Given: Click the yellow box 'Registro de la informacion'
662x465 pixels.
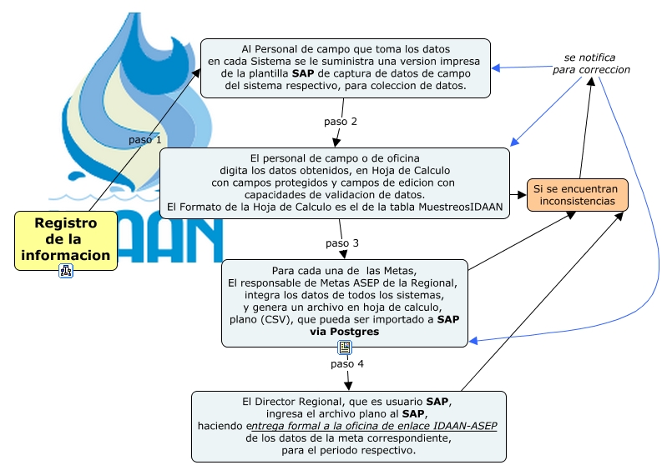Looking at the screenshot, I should click(65, 239).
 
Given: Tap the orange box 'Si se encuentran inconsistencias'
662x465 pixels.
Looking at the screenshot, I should click(577, 195).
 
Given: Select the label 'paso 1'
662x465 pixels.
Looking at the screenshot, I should click(145, 140).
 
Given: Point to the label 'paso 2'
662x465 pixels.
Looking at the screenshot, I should click(341, 122).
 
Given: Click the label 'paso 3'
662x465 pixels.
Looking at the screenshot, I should click(342, 243).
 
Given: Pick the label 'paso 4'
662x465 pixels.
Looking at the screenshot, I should click(347, 364).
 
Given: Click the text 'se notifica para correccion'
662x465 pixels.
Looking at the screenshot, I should click(592, 63).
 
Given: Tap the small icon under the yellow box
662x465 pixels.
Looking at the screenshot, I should click(66, 271).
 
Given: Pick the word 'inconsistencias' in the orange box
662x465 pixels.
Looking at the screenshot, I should click(577, 202).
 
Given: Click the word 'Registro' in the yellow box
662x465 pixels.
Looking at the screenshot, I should click(65, 222).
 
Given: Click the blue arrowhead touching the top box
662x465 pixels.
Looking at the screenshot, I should click(495, 69).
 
